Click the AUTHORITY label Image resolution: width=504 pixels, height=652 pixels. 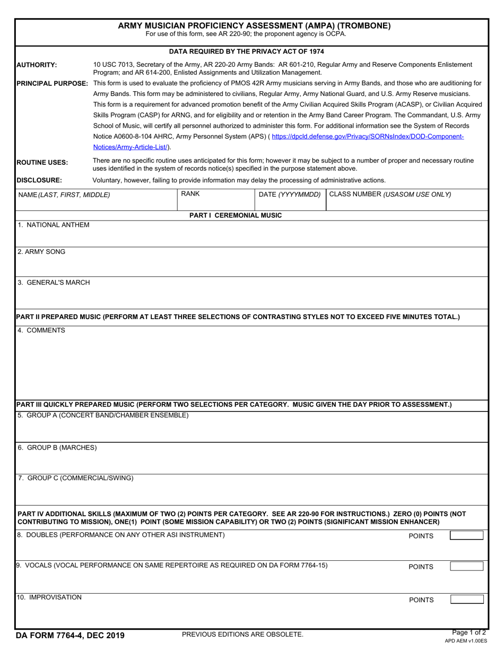[x=37, y=65]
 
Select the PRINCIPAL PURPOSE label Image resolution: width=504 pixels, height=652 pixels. [x=53, y=83]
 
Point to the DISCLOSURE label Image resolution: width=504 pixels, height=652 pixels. [x=39, y=180]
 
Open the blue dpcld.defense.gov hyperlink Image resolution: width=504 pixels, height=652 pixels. [x=368, y=137]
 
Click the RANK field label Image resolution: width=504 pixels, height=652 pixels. [x=190, y=194]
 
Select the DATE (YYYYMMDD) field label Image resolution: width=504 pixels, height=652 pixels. [x=290, y=195]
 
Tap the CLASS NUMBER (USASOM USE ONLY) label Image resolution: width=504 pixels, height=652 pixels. [x=390, y=195]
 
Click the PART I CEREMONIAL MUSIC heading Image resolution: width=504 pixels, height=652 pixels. [x=236, y=215]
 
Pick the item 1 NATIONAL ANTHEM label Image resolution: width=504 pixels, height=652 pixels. [x=54, y=225]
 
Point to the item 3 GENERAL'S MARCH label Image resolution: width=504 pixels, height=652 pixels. [x=54, y=283]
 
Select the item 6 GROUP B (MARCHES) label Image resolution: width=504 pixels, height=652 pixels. [x=57, y=447]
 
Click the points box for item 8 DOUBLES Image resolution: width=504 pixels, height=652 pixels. [x=466, y=535]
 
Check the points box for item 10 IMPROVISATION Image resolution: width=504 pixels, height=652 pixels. [x=466, y=600]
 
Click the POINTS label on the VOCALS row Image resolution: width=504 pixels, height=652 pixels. [x=421, y=567]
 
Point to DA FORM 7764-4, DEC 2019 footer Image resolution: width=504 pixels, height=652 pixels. [x=71, y=635]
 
